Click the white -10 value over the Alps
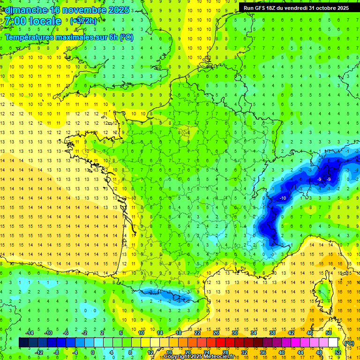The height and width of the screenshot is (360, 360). [x=283, y=198]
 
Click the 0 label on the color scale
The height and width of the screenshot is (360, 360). [x=93, y=352]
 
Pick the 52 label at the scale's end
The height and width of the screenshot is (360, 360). [x=338, y=352]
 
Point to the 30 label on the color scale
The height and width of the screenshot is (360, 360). [x=235, y=333]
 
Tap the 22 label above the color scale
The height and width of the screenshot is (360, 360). [x=197, y=333]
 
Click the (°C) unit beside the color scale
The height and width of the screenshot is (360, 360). [x=349, y=343]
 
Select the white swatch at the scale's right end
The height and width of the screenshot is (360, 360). [x=333, y=343]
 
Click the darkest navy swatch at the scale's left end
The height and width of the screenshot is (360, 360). [x=23, y=343]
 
